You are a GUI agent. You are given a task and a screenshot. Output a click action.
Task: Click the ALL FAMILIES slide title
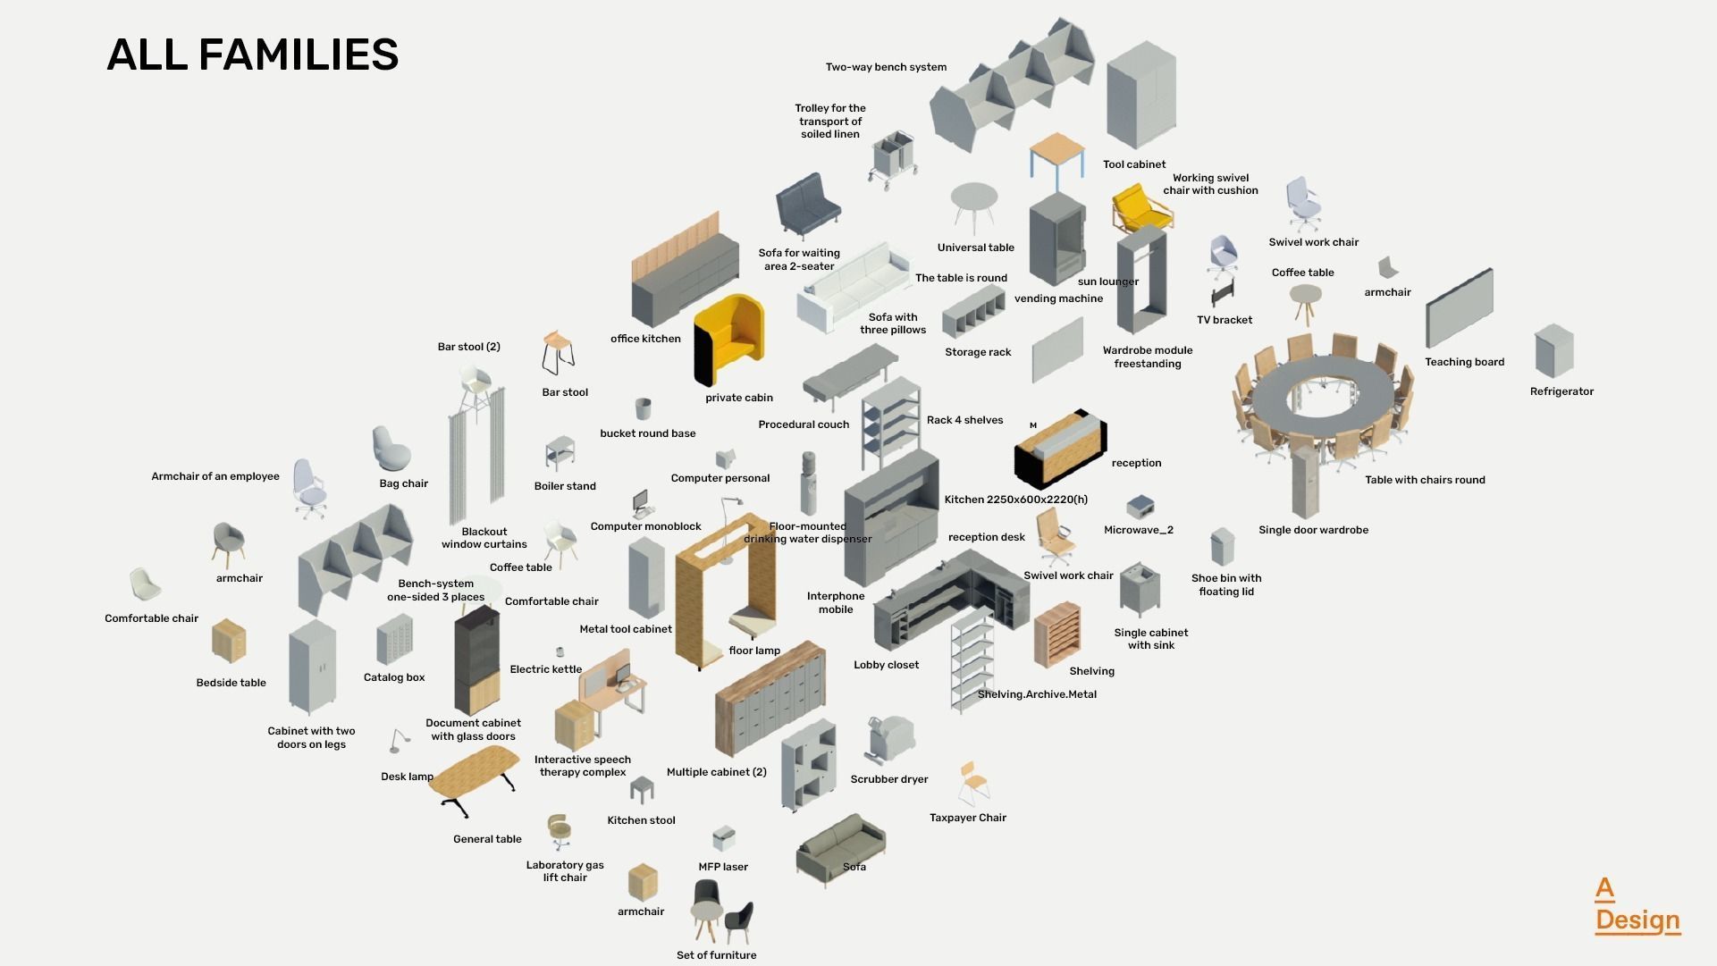252,55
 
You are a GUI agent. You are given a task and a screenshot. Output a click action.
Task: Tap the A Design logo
1637,905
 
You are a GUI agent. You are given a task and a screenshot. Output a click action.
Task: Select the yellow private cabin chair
729,340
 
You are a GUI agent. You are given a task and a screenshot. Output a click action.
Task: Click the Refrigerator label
1561,391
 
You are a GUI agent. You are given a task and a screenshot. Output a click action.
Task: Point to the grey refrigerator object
1553,350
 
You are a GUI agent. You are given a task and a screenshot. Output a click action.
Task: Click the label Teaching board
1464,362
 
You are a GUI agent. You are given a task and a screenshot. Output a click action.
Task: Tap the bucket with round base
643,409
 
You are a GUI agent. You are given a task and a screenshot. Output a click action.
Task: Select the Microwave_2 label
1138,530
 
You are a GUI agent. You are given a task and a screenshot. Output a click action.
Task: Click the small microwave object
1139,507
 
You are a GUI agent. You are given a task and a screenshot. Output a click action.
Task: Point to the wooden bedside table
229,640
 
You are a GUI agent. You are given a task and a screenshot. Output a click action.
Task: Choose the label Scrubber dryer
888,779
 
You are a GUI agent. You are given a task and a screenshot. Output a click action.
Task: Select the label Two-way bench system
886,67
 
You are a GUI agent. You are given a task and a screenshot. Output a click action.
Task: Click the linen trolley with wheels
892,158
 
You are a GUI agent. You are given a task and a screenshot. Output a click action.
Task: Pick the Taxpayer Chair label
967,818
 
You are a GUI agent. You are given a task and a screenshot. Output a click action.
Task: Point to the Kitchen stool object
642,789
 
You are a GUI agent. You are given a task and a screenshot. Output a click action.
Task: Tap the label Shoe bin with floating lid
1225,584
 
